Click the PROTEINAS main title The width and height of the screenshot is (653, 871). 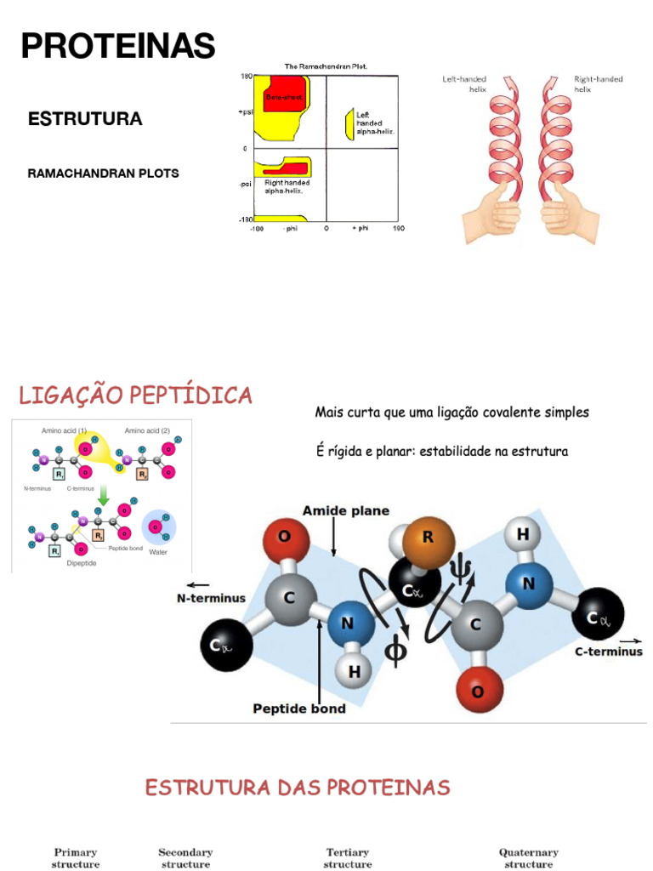coord(118,46)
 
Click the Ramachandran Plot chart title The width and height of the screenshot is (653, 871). coord(326,66)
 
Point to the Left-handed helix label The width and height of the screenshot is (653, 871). coord(464,83)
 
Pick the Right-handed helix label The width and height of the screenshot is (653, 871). coord(598,83)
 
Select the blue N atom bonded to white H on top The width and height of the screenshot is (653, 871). coord(529,584)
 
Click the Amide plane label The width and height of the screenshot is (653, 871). coord(346,511)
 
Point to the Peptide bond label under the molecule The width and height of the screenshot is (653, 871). coord(299,709)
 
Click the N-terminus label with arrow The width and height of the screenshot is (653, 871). coord(211,597)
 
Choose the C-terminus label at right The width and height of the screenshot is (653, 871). coord(609,652)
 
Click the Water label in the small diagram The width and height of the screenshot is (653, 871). coord(158,552)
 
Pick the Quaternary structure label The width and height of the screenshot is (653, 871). coord(528,857)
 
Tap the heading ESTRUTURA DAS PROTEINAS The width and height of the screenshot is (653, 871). coord(298,788)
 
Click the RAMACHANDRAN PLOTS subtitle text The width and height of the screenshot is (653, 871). coord(104,174)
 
